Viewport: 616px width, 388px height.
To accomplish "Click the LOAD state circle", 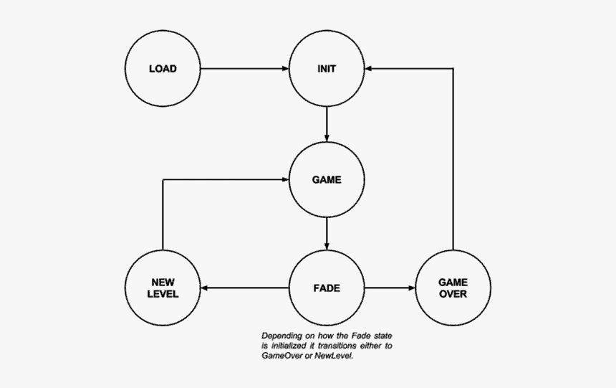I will (x=163, y=70).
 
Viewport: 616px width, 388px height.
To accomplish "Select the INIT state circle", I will (x=327, y=70).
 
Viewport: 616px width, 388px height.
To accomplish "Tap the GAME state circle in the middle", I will (x=327, y=180).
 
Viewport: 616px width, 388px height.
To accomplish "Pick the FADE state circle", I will (x=327, y=288).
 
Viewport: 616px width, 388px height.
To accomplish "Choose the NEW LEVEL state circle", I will (x=163, y=288).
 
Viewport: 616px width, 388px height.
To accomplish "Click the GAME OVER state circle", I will (x=453, y=288).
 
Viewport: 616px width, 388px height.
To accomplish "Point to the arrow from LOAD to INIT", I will (x=244, y=70).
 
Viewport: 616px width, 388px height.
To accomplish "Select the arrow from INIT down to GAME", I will (x=327, y=124).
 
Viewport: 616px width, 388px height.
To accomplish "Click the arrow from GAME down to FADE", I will (x=327, y=234).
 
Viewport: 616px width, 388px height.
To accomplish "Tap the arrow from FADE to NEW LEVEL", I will (x=244, y=288).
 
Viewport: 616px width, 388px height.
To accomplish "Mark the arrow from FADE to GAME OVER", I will (x=390, y=288).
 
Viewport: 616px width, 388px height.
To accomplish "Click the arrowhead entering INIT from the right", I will (x=370, y=70).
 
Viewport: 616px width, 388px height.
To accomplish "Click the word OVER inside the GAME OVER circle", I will (x=453, y=294).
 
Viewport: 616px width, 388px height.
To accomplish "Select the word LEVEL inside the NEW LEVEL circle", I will (x=163, y=294).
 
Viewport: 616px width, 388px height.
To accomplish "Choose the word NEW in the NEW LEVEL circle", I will (x=163, y=283).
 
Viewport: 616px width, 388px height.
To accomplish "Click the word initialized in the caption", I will (x=289, y=346).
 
